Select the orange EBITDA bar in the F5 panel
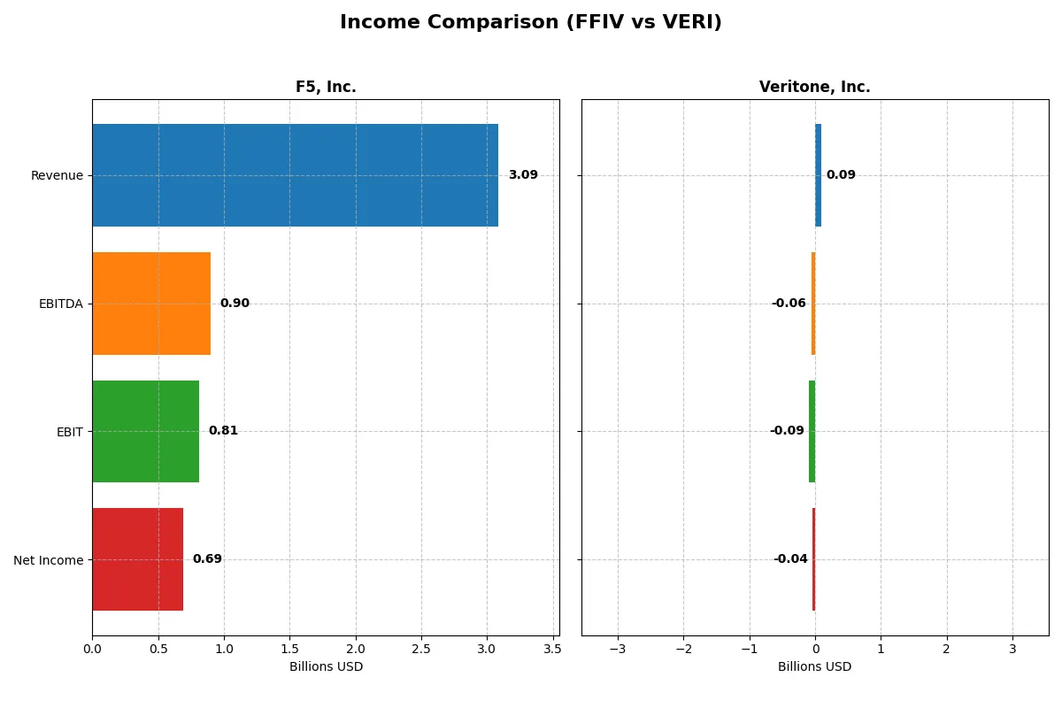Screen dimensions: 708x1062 151,304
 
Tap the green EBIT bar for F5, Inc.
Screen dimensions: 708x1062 145,431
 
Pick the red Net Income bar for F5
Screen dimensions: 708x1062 137,559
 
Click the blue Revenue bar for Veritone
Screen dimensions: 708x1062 819,175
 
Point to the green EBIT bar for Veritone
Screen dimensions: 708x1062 812,431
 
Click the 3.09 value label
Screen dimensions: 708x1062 523,175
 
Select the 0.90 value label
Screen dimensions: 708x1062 235,304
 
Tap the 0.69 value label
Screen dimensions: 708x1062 207,559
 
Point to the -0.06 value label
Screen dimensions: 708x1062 789,304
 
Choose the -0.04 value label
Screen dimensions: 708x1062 790,559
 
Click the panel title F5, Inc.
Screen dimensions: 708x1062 326,88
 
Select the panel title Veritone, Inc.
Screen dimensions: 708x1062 814,88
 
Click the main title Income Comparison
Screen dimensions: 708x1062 531,23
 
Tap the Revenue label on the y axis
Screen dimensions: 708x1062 57,176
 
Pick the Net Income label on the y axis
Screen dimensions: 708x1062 49,560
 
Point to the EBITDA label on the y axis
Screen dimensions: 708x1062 60,304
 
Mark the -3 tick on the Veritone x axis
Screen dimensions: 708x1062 617,649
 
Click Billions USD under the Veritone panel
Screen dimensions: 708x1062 814,667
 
